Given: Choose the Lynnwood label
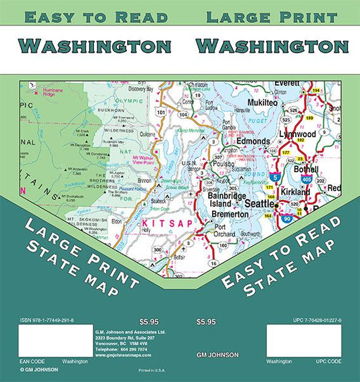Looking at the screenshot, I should pyautogui.click(x=298, y=135).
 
